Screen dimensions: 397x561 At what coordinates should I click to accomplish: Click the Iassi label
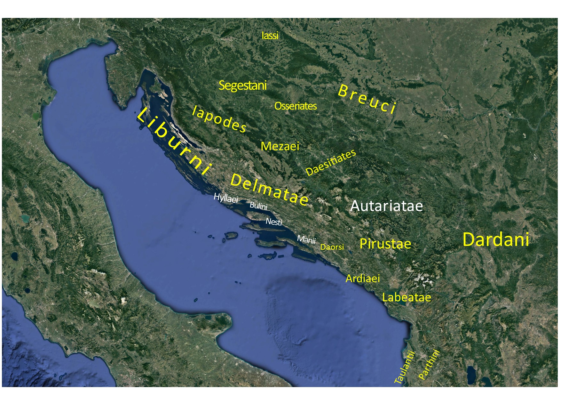[270, 36]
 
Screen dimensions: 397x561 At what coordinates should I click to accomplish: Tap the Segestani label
[242, 85]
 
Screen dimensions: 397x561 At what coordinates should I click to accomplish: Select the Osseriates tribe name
[296, 106]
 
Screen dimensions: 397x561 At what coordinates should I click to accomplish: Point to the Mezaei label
[280, 146]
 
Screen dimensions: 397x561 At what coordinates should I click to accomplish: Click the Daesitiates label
[331, 162]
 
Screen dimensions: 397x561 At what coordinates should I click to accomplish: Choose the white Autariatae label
[386, 206]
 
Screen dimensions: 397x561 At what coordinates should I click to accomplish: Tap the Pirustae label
[385, 244]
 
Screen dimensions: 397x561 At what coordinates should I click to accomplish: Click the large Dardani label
[496, 239]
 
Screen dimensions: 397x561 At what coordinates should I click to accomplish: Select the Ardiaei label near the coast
[363, 279]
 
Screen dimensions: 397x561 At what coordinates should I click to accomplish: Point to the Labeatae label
[407, 297]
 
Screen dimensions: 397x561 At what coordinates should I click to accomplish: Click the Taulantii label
[405, 368]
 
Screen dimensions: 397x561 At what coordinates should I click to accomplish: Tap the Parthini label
[429, 365]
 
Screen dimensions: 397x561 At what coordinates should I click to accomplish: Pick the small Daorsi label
[332, 247]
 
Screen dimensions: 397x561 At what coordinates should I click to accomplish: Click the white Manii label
[306, 239]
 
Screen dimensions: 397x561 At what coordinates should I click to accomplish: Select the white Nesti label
[274, 222]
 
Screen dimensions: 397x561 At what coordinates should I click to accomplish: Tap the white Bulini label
[258, 206]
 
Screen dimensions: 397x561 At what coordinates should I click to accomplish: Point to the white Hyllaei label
[226, 198]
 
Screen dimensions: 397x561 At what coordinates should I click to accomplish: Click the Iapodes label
[219, 119]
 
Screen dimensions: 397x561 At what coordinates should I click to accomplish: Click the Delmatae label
[269, 190]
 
